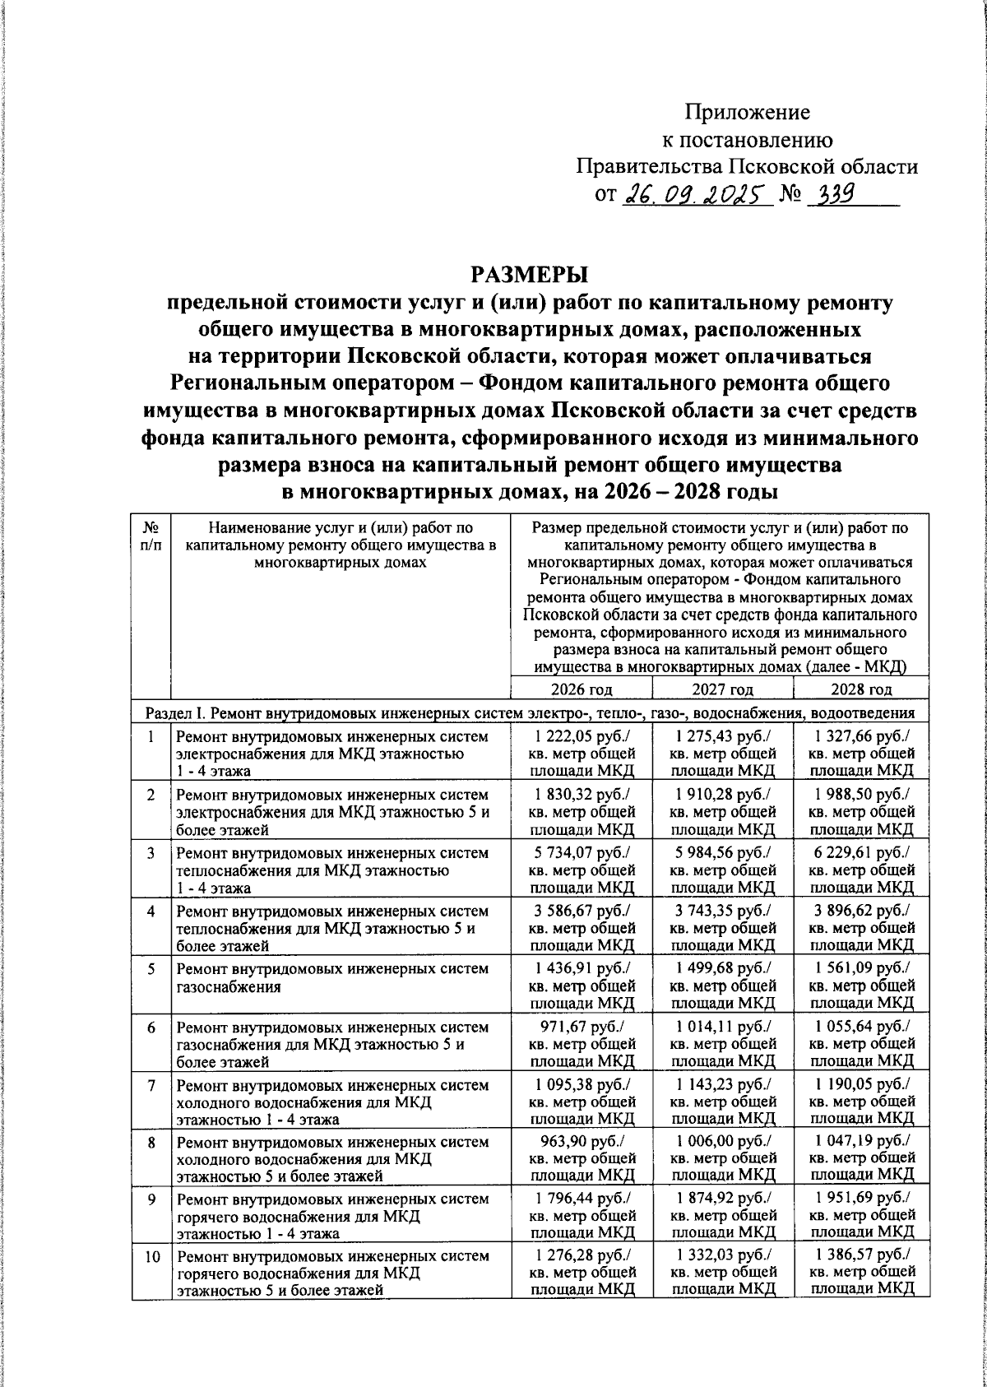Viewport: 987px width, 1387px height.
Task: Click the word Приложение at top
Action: [748, 112]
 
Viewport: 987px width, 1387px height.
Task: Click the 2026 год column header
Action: [581, 689]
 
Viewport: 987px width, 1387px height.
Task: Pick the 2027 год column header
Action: [722, 689]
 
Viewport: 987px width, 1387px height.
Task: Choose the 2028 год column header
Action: [861, 689]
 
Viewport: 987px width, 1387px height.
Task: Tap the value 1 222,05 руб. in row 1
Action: [582, 736]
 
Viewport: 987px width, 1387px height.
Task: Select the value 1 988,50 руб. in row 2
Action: [861, 794]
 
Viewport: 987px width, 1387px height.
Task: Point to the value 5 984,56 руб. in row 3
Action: [722, 852]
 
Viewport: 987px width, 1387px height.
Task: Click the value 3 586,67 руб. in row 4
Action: [582, 911]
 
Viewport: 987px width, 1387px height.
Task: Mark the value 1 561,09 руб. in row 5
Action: [861, 968]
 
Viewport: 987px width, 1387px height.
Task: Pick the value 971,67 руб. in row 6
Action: [582, 1027]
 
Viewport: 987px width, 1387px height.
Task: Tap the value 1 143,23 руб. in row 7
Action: [722, 1084]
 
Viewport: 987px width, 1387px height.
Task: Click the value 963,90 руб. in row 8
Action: [582, 1142]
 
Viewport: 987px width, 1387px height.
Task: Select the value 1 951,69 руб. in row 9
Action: [861, 1199]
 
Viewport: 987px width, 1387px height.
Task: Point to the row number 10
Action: [151, 1256]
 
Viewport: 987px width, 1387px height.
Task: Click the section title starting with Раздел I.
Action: [526, 712]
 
